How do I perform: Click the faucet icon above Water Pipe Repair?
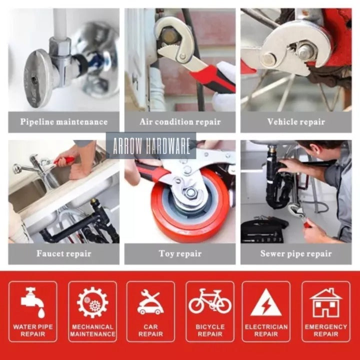coord(32,301)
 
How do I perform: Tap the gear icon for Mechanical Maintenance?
coord(92,302)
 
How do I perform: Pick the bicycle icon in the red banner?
coord(210,301)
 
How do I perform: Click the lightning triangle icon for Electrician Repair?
coord(266,302)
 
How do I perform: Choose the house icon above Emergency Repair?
coord(326,302)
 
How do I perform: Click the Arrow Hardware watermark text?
coord(151,146)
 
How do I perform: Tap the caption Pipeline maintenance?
coord(64,121)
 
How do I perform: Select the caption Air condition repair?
coord(180,121)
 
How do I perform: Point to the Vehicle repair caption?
coord(296,121)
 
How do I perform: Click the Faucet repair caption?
coord(64,253)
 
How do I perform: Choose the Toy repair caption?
coord(180,253)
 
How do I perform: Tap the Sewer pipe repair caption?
coord(296,253)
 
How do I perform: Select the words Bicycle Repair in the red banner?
coord(210,330)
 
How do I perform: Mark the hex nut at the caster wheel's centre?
coord(190,192)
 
